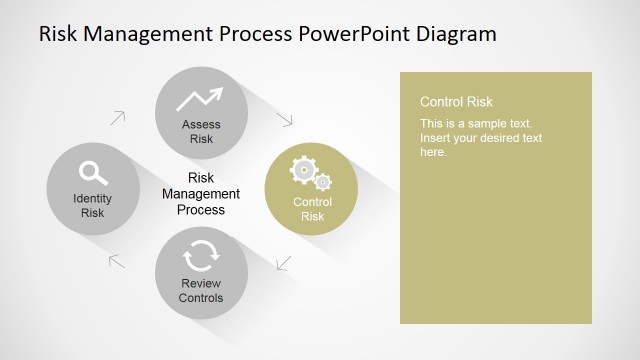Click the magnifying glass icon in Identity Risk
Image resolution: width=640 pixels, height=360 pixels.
93,172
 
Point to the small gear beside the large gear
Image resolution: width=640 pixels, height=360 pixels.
323,182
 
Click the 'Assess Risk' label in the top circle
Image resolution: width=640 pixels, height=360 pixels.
201,132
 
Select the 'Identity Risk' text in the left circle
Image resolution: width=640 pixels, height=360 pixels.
92,205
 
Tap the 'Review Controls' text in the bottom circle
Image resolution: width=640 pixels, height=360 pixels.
201,291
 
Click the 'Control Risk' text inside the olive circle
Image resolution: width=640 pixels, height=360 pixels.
312,209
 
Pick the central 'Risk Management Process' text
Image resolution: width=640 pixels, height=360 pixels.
201,194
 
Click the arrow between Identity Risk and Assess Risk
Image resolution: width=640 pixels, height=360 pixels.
118,117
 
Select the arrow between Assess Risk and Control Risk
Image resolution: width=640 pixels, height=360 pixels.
285,119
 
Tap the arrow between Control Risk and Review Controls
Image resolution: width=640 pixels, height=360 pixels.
283,264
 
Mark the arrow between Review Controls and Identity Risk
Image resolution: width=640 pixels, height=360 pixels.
116,261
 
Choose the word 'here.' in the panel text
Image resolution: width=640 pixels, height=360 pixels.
433,152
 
